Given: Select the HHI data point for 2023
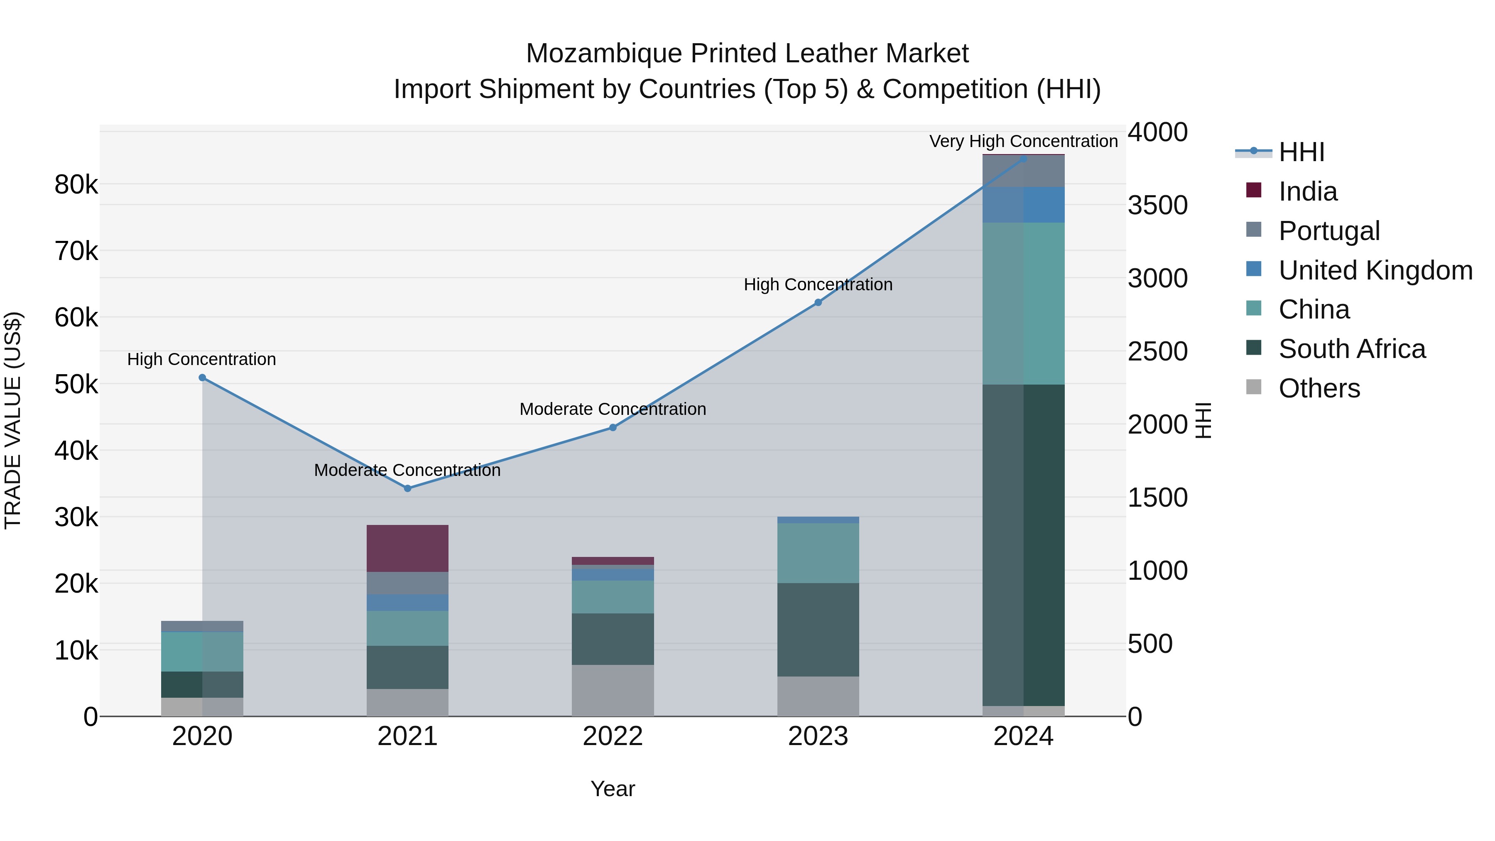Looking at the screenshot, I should (818, 302).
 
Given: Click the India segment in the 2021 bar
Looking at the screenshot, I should (407, 549).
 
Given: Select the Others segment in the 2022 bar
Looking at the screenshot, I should (613, 691).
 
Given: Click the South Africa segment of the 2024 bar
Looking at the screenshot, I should (1024, 546).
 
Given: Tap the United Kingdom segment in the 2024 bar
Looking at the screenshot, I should (1024, 205).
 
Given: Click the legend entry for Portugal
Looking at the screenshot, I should (1328, 231).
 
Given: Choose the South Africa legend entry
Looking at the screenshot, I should (1352, 349).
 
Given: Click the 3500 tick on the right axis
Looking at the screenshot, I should (1157, 206).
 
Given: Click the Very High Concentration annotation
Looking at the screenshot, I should (1023, 142).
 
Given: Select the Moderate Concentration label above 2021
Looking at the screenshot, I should (407, 470).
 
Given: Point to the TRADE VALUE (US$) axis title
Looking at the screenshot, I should (13, 420).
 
